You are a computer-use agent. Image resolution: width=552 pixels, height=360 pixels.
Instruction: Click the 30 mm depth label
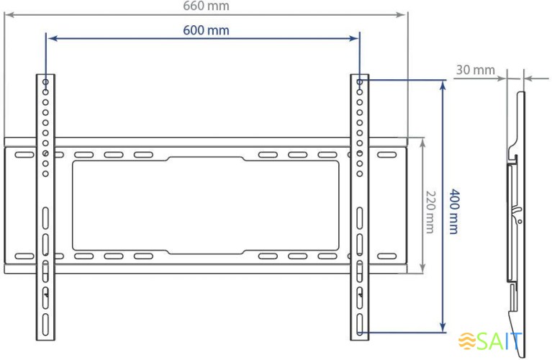(475, 70)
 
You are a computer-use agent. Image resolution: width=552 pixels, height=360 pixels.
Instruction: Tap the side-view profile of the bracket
(515, 209)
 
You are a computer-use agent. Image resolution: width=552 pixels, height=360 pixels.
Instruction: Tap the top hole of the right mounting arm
(360, 82)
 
